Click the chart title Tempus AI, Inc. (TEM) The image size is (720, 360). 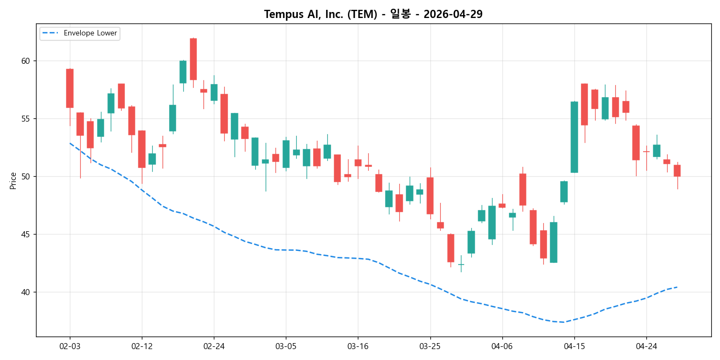pyautogui.click(x=373, y=14)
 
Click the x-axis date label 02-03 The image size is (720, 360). pyautogui.click(x=70, y=346)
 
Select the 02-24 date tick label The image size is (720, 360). pyautogui.click(x=214, y=346)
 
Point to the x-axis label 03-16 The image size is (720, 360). pyautogui.click(x=358, y=346)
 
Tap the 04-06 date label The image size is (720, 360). pyautogui.click(x=502, y=346)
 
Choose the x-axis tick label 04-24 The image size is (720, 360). pyautogui.click(x=646, y=346)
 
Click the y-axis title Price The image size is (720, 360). pyautogui.click(x=13, y=181)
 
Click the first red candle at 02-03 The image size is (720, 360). pyautogui.click(x=70, y=88)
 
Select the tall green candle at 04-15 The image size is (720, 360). pyautogui.click(x=574, y=137)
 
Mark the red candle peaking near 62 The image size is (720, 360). pyautogui.click(x=193, y=59)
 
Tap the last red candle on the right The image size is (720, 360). pyautogui.click(x=677, y=171)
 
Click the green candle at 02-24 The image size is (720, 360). pyautogui.click(x=214, y=92)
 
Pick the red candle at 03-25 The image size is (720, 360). pyautogui.click(x=430, y=195)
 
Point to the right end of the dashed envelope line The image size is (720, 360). pyautogui.click(x=677, y=287)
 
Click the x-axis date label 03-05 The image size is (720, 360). pyautogui.click(x=286, y=346)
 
